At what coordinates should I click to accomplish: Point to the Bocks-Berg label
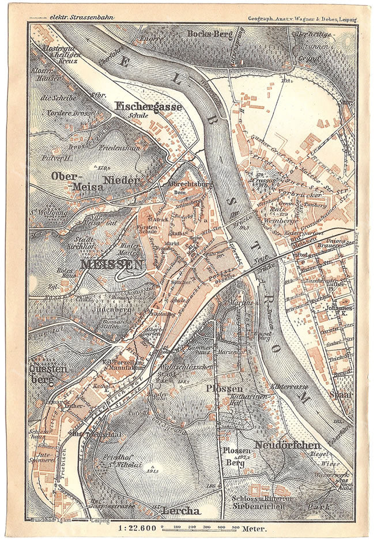point(210,34)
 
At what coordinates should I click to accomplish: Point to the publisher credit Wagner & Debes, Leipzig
point(303,19)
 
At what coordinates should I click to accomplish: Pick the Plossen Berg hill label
point(237,456)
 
